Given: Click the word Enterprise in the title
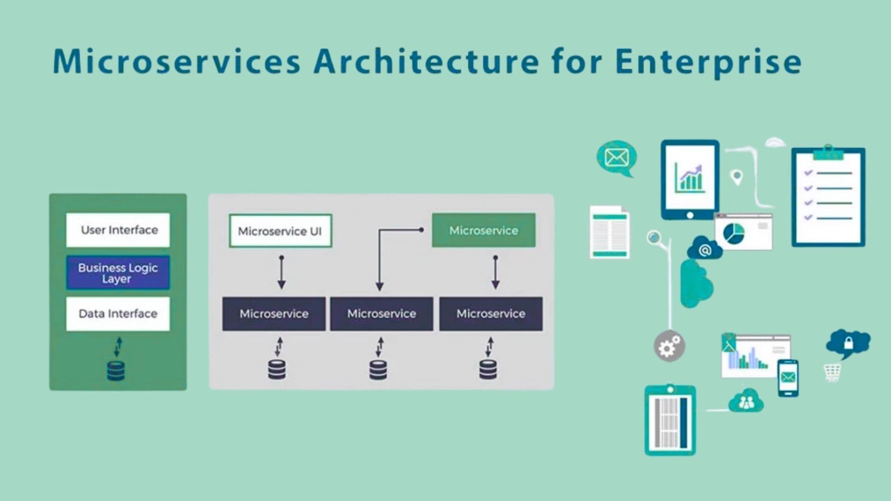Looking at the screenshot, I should [708, 62].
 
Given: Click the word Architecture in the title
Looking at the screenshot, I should [426, 62].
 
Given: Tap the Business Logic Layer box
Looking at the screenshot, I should [118, 273].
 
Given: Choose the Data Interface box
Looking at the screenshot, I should [118, 314].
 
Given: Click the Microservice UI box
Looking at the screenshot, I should [280, 231].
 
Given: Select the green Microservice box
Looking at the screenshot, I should [484, 230].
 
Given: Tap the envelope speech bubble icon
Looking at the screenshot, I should [616, 158].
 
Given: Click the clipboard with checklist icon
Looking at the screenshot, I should [828, 197].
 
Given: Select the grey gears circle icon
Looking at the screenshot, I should [669, 346].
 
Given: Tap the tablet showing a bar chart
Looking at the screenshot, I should [690, 179].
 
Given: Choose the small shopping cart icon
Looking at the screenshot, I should [832, 372].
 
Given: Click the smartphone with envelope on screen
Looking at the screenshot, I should [788, 378].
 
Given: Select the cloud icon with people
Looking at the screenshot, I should [746, 402].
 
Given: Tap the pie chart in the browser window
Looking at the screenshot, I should [734, 233].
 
